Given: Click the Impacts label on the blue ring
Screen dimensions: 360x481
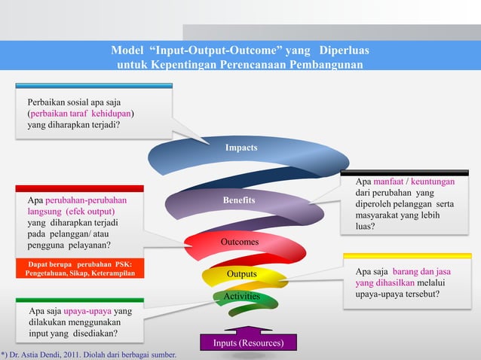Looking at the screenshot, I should [x=241, y=148].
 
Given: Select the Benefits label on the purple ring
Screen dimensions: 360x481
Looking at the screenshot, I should [x=239, y=200].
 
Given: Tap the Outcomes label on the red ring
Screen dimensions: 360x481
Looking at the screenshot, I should [x=240, y=243].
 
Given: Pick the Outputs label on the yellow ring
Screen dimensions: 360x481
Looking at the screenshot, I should [x=241, y=273].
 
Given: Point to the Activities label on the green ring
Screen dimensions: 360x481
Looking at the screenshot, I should [x=241, y=297].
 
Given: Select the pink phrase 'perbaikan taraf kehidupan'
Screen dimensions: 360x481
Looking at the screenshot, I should [x=82, y=114].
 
